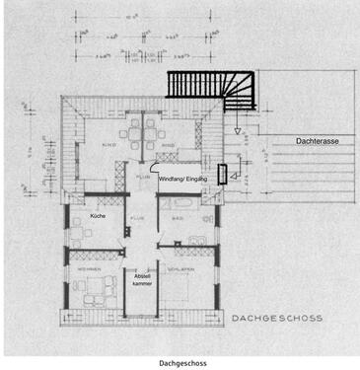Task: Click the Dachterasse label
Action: pos(318,142)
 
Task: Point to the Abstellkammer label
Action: pos(144,281)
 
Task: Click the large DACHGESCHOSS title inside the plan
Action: pos(278,319)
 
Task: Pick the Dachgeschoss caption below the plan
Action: pos(181,362)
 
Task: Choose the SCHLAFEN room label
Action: pos(179,268)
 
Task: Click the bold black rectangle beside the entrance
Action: pos(223,175)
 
